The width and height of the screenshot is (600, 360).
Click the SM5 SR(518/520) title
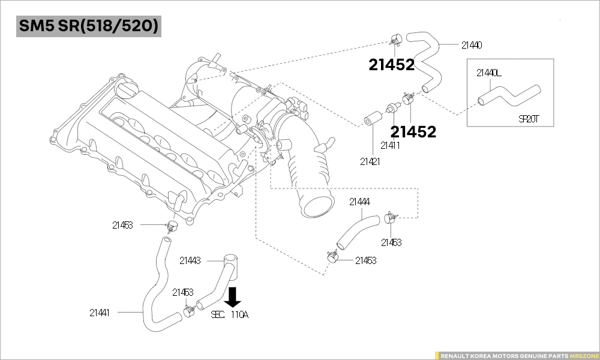pyautogui.click(x=89, y=27)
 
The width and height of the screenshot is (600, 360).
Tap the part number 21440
pyautogui.click(x=472, y=45)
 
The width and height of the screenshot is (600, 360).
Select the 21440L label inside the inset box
pyautogui.click(x=488, y=73)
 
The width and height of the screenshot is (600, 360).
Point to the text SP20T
pyautogui.click(x=529, y=119)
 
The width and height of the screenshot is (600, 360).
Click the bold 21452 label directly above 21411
pyautogui.click(x=413, y=132)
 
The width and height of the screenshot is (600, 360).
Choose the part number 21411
pyautogui.click(x=391, y=145)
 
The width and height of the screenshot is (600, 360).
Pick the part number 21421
pyautogui.click(x=370, y=161)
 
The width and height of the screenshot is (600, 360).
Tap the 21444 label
pyautogui.click(x=359, y=202)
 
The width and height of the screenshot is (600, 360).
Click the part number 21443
pyautogui.click(x=190, y=260)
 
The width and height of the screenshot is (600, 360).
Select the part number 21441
pyautogui.click(x=100, y=312)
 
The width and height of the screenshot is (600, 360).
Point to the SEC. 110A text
pyautogui.click(x=229, y=314)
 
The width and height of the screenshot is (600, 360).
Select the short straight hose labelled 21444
pyautogui.click(x=358, y=230)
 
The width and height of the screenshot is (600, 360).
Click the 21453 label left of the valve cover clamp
pyautogui.click(x=122, y=225)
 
